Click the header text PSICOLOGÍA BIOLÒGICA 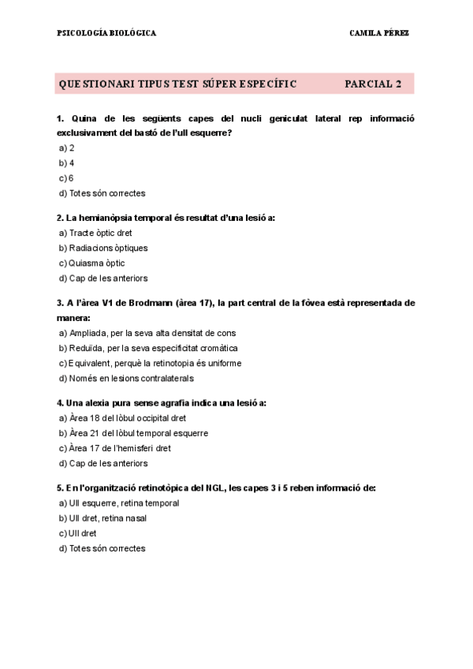click(106, 33)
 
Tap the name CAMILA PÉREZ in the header click(378, 33)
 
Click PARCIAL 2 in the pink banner click(374, 84)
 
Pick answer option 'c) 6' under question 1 click(66, 178)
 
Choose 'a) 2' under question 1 click(66, 148)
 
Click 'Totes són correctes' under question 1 click(106, 193)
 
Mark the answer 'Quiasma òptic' click(96, 263)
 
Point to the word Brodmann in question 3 click(151, 303)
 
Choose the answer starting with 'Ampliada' click(152, 333)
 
